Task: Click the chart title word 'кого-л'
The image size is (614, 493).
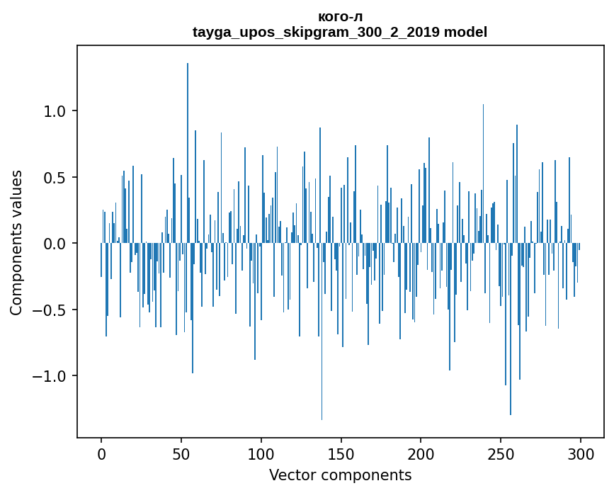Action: coord(340,17)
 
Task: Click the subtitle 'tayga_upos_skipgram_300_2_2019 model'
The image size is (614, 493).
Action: coord(340,32)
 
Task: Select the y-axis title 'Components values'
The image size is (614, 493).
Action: coord(16,243)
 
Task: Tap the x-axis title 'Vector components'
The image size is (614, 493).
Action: coord(340,475)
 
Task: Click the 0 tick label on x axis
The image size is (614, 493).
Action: coord(101,454)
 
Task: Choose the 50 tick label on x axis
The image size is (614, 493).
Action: coord(181,454)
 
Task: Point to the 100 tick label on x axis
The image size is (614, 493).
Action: coord(261,454)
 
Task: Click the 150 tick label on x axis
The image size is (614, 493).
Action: coord(341,454)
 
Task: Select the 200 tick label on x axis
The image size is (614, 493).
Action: coord(421,454)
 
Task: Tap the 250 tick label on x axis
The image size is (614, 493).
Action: coord(501,454)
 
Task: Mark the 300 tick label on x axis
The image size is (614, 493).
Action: coord(581,454)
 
